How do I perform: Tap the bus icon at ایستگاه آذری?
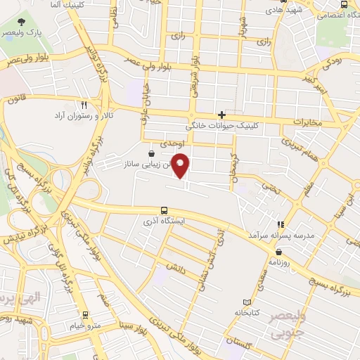pyautogui.click(x=164, y=210)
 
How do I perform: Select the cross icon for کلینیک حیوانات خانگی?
pyautogui.click(x=222, y=115)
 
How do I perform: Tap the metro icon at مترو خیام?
pyautogui.click(x=85, y=316)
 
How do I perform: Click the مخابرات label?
pyautogui.click(x=310, y=122)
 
